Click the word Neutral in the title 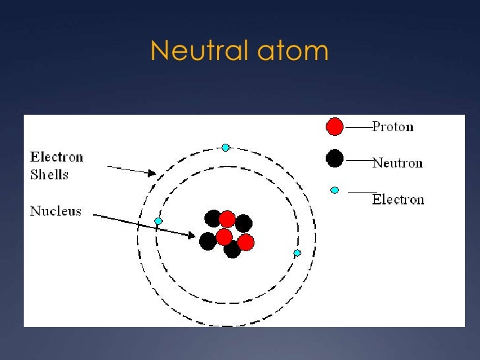pyautogui.click(x=196, y=51)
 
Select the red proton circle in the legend pyautogui.click(x=335, y=126)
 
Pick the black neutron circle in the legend pyautogui.click(x=335, y=158)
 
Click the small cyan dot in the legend pyautogui.click(x=335, y=191)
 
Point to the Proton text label pyautogui.click(x=393, y=127)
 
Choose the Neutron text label pyautogui.click(x=397, y=163)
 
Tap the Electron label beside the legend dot pyautogui.click(x=398, y=199)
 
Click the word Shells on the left pyautogui.click(x=49, y=175)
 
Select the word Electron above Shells pyautogui.click(x=57, y=157)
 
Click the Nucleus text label pyautogui.click(x=56, y=211)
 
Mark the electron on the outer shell pyautogui.click(x=225, y=147)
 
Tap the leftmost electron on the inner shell pyautogui.click(x=158, y=221)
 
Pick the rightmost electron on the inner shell pyautogui.click(x=297, y=253)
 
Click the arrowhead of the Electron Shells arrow pyautogui.click(x=152, y=173)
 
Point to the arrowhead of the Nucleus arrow pyautogui.click(x=192, y=235)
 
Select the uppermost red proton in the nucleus pyautogui.click(x=227, y=219)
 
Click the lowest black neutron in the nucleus pyautogui.click(x=232, y=249)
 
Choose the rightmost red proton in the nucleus pyautogui.click(x=246, y=243)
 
